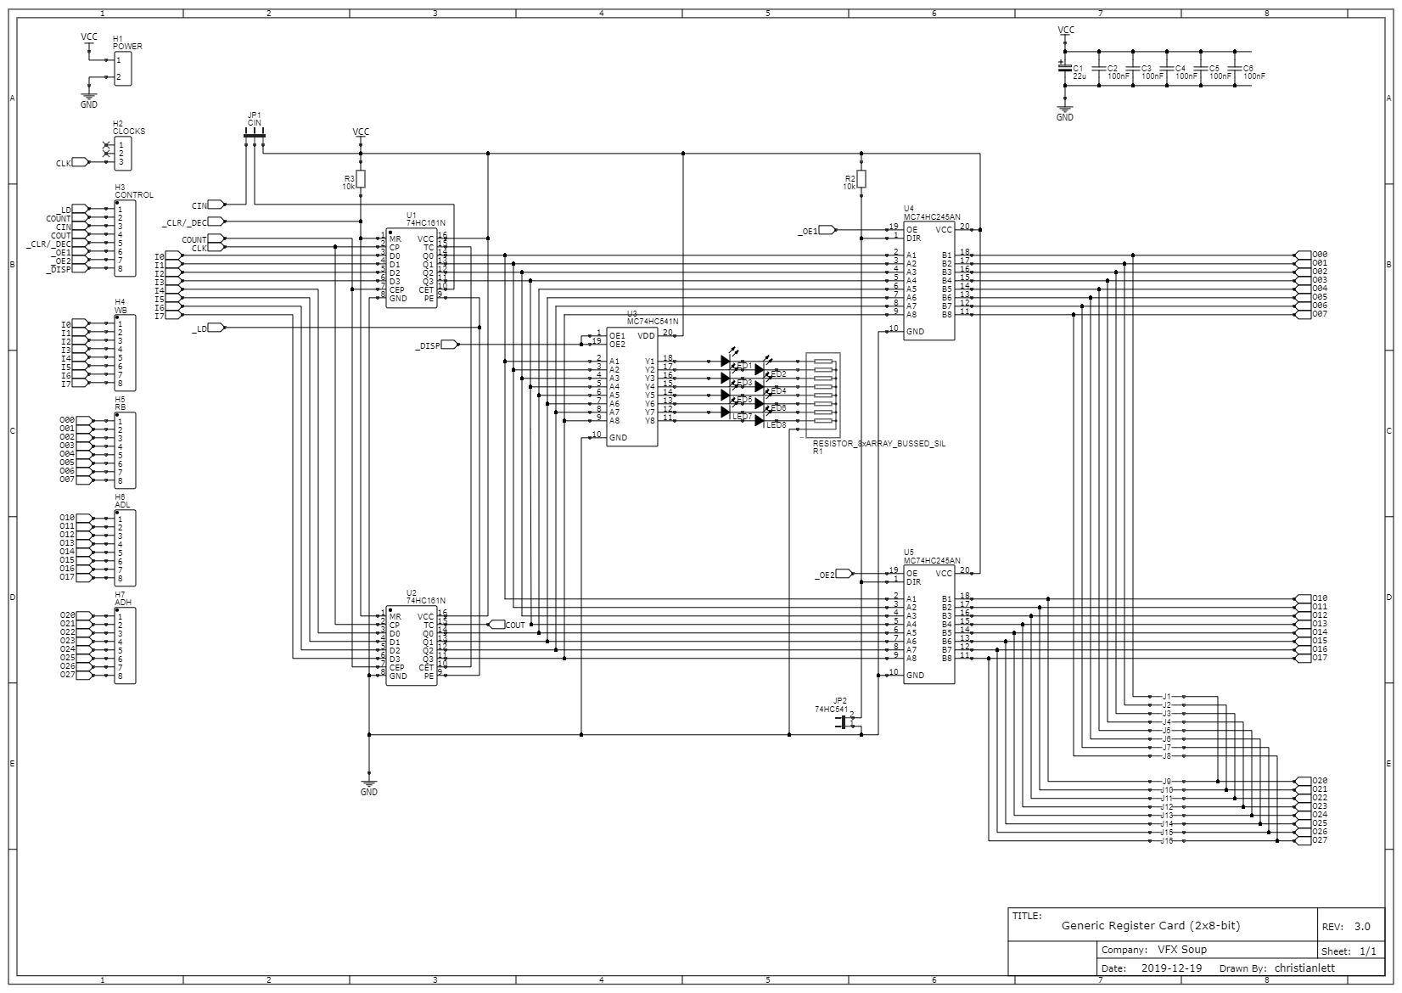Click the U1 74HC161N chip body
coord(412,268)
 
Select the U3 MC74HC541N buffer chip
coord(631,386)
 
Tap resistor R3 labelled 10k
coord(361,178)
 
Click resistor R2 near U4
coord(861,178)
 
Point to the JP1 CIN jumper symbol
coord(255,135)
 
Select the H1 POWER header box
coord(123,69)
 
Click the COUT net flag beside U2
coord(496,625)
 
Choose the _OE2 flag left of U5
coord(844,574)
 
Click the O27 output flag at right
coord(1303,840)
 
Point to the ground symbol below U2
coord(368,782)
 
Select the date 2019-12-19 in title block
coord(1171,968)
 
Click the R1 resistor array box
coord(823,395)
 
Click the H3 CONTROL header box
coord(124,238)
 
